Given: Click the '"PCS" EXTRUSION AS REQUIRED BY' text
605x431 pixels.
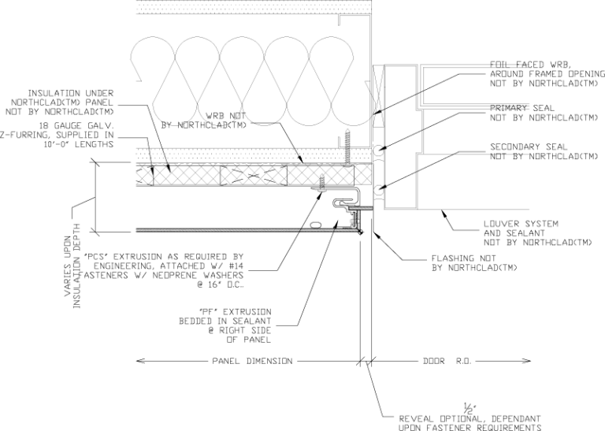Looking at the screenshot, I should pyautogui.click(x=187, y=256).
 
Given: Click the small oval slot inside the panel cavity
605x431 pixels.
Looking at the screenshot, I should pyautogui.click(x=317, y=225).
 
